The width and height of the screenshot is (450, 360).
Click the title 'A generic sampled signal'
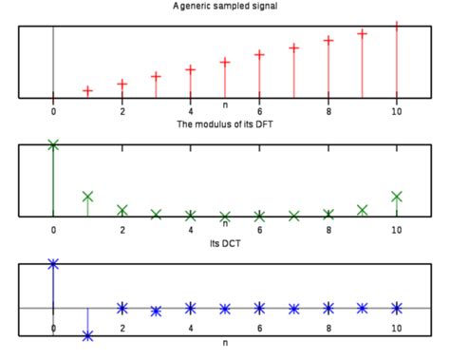[x=225, y=7]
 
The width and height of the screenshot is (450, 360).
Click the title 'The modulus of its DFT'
[x=225, y=125]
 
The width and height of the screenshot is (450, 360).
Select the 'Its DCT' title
[x=225, y=244]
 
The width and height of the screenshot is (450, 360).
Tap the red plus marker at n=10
[x=397, y=26]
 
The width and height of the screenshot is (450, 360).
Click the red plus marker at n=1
[x=88, y=91]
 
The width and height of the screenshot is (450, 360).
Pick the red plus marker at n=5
[x=225, y=63]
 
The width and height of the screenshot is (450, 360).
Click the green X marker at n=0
[x=53, y=144]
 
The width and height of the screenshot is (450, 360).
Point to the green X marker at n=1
[x=88, y=197]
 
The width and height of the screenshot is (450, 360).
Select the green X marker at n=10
[x=397, y=197]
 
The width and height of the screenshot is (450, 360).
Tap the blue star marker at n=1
[x=88, y=334]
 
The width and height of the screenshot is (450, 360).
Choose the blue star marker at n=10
[x=397, y=307]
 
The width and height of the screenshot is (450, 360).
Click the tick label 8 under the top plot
[x=328, y=112]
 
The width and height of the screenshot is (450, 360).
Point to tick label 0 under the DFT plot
[x=53, y=231]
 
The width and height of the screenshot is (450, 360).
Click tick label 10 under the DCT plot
[x=397, y=328]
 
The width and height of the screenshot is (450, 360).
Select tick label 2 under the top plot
[x=122, y=112]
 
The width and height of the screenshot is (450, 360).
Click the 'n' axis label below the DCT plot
[x=225, y=341]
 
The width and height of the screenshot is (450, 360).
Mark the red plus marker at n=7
[x=294, y=47]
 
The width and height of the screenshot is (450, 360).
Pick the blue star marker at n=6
[x=259, y=307]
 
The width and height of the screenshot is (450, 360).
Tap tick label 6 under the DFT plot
[x=259, y=231]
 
